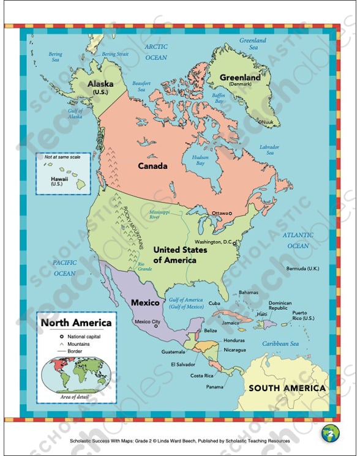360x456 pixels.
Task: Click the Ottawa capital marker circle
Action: tap(231, 214)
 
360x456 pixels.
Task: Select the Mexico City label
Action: tap(147, 321)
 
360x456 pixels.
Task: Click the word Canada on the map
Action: tap(152, 166)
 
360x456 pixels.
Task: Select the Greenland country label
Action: tap(240, 79)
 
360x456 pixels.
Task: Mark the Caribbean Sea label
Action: tap(280, 343)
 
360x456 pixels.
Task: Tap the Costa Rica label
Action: tap(201, 375)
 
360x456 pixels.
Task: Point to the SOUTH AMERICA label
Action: tap(286, 388)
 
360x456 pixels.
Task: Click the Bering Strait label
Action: tap(116, 54)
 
